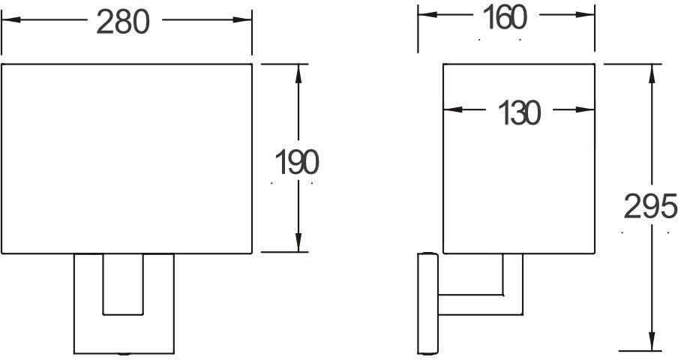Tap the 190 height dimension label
pyautogui.click(x=297, y=162)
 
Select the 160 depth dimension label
pyautogui.click(x=505, y=17)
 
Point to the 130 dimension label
pyautogui.click(x=518, y=113)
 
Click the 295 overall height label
pyautogui.click(x=650, y=208)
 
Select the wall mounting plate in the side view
pyautogui.click(x=427, y=303)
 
